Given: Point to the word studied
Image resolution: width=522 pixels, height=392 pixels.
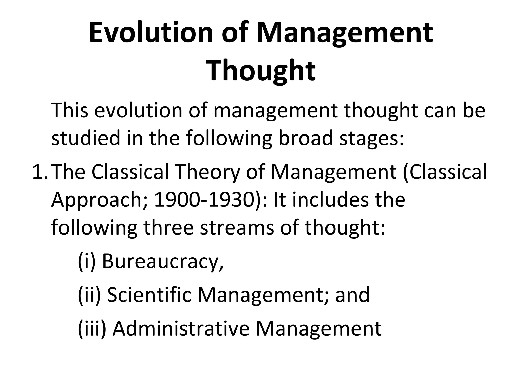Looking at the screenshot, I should click(86, 138).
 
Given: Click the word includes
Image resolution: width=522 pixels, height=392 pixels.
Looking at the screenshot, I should click(330, 200).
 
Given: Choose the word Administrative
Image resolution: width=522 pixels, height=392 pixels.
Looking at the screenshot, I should click(181, 329).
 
